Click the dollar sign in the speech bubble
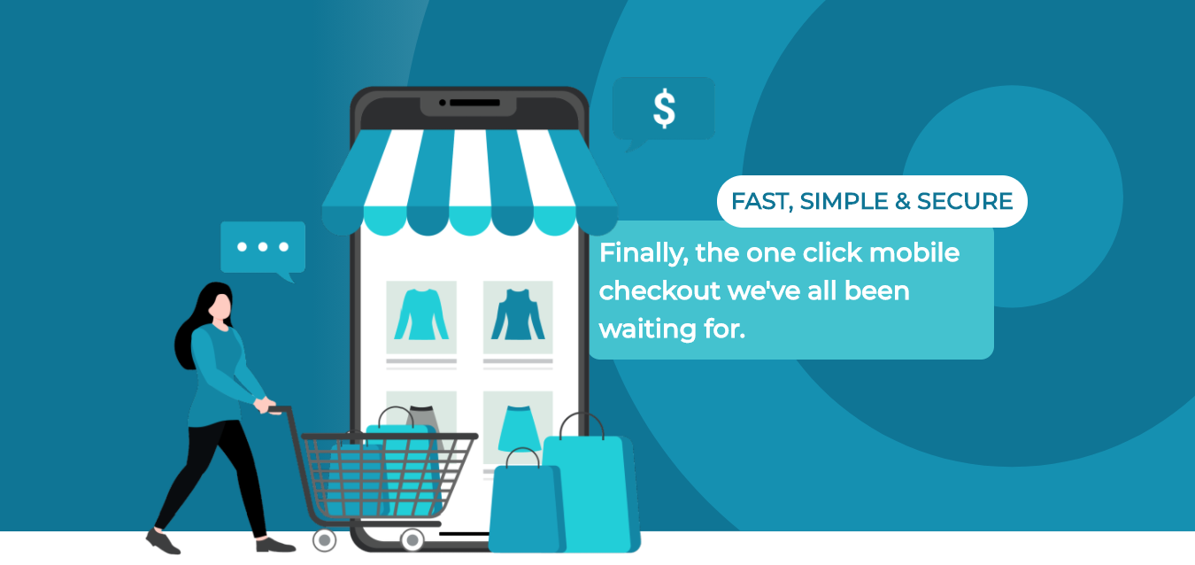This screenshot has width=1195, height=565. pos(664,109)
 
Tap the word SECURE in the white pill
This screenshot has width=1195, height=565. pos(965,201)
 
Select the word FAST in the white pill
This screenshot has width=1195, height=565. pos(760,202)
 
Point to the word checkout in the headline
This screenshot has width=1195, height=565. pos(660,290)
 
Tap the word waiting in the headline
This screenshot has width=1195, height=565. pos(647,329)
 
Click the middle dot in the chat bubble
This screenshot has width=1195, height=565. pos(263,246)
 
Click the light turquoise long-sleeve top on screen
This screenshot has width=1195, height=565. pos(421,314)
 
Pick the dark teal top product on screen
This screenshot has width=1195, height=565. pos(518,314)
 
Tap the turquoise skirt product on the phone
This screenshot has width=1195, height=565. pos(518,429)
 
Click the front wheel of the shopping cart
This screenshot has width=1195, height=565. pos(412,540)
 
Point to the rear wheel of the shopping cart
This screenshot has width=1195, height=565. pos(324,540)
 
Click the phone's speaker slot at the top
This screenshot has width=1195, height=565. pos(474,103)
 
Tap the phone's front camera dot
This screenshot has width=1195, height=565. pos(443,103)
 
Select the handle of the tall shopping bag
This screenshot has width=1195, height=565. pos(582,425)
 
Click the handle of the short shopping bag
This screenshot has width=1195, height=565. pos(523,458)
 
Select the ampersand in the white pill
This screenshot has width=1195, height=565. pos(903,201)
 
